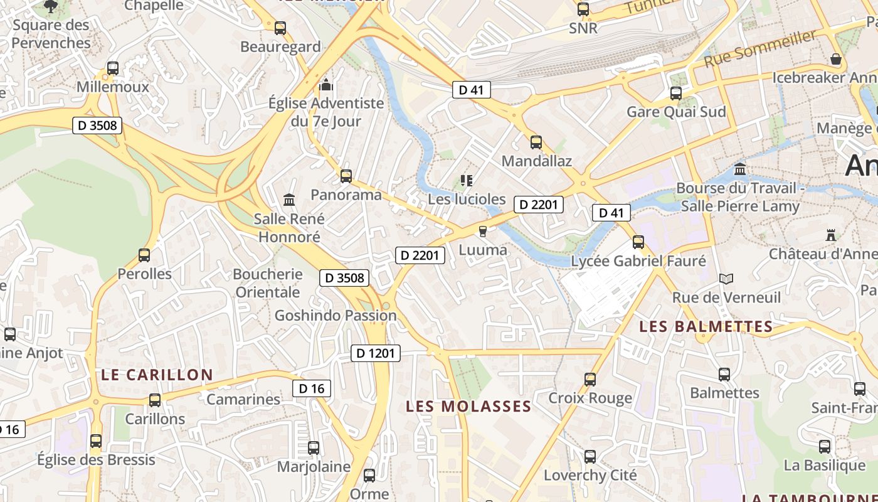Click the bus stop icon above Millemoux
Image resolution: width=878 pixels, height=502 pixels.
click(x=113, y=68)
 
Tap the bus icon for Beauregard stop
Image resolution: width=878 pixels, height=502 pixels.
click(x=280, y=28)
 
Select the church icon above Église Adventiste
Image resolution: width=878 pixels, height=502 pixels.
click(x=325, y=85)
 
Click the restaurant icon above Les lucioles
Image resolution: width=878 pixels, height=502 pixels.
click(x=466, y=181)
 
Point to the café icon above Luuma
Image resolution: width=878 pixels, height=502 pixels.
click(x=482, y=232)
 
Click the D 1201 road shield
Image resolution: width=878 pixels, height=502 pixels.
click(x=375, y=353)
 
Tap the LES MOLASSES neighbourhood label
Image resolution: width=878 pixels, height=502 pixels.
click(x=468, y=407)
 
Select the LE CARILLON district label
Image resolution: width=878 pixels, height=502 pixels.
click(x=157, y=375)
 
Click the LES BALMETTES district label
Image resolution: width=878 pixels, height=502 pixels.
click(x=706, y=326)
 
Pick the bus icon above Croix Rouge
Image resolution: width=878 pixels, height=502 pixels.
click(x=590, y=380)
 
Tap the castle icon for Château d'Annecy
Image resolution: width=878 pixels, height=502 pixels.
click(x=831, y=235)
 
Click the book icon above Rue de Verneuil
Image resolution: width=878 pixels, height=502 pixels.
click(x=726, y=279)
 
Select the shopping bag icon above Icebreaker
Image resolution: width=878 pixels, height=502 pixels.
click(x=836, y=60)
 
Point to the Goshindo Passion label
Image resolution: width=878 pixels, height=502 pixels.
click(x=336, y=315)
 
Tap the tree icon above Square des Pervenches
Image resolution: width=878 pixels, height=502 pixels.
click(x=51, y=7)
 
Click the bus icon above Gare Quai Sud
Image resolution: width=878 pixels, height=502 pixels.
click(x=676, y=93)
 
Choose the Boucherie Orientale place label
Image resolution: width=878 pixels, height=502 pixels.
click(x=268, y=283)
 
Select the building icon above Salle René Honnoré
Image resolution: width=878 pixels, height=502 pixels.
click(x=289, y=200)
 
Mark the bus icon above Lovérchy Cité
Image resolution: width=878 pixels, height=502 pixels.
click(x=590, y=457)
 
